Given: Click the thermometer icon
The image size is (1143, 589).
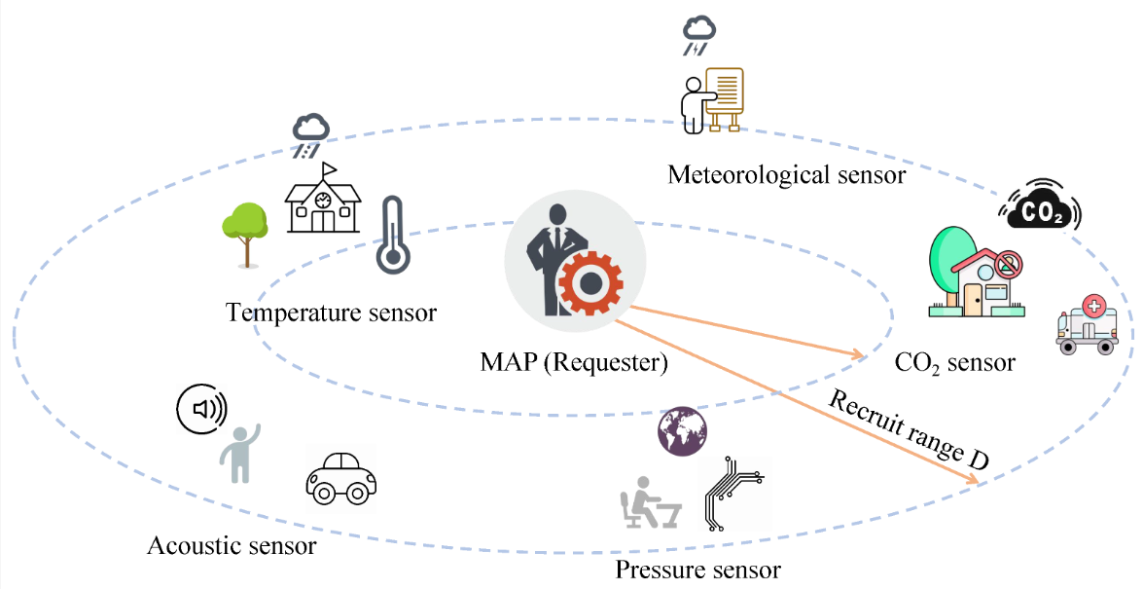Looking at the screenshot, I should [x=392, y=235].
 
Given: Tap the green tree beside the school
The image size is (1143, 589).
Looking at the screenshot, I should [x=244, y=233].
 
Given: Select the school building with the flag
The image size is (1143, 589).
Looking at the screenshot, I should [x=322, y=201].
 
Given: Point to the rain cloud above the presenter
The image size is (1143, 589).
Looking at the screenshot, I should [x=698, y=34].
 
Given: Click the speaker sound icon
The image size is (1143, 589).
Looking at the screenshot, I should [x=201, y=409].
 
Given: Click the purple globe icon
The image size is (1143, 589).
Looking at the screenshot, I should [x=683, y=431].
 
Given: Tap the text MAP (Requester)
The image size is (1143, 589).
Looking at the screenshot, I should [x=574, y=363].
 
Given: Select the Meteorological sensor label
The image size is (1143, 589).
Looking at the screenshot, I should [x=786, y=175].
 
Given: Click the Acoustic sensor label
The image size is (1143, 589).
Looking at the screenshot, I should [x=232, y=545].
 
